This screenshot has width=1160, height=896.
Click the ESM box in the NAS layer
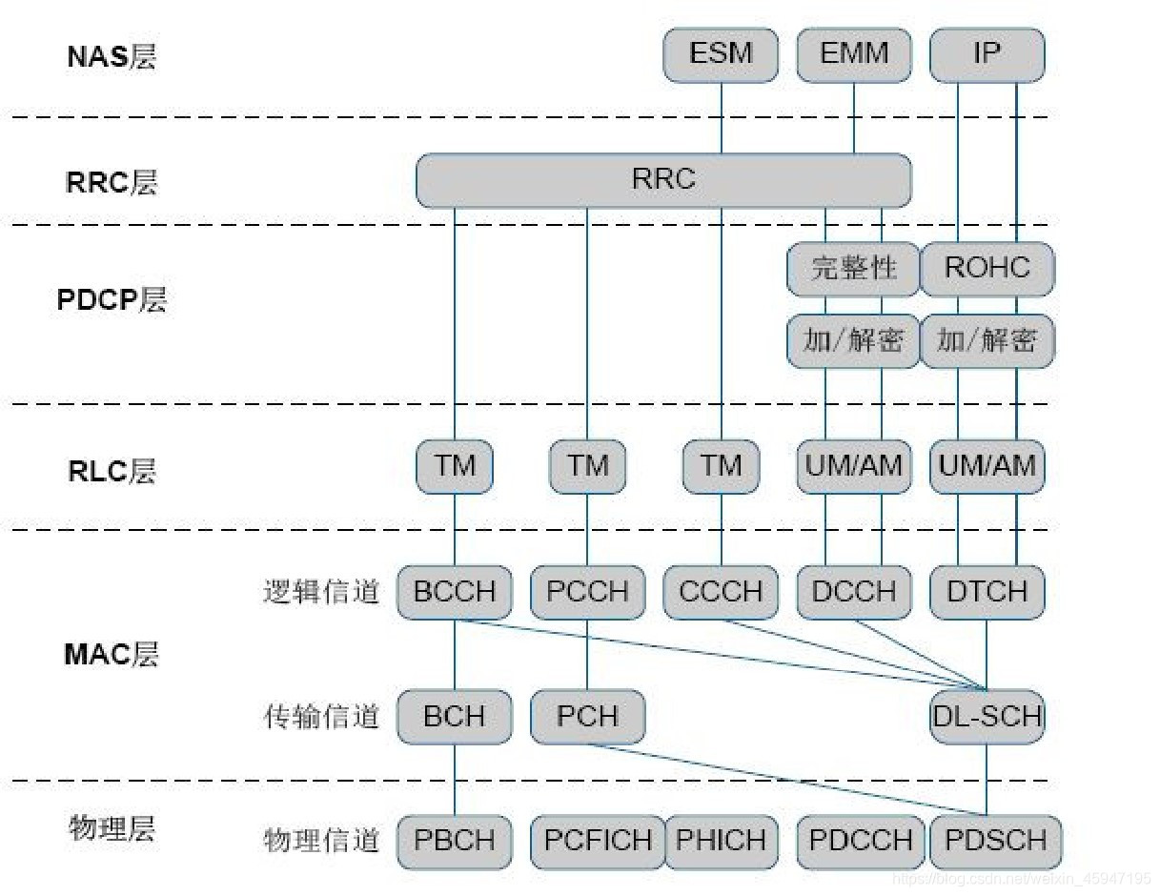pyautogui.click(x=721, y=54)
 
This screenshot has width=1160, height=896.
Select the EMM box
pyautogui.click(x=854, y=54)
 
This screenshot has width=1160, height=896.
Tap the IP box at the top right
pyautogui.click(x=987, y=54)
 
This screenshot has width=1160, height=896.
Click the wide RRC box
pyautogui.click(x=663, y=180)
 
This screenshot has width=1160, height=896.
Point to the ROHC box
pyautogui.click(x=987, y=269)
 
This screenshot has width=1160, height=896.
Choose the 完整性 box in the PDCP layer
pyautogui.click(x=854, y=269)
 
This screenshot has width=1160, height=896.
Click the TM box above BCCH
pyautogui.click(x=455, y=466)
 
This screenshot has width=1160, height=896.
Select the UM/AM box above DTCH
pyautogui.click(x=987, y=466)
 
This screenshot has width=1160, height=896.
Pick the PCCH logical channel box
pyautogui.click(x=587, y=592)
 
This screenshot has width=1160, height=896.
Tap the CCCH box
pyautogui.click(x=721, y=592)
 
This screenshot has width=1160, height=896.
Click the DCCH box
pyautogui.click(x=854, y=592)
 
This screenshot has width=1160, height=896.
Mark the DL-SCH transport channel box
pyautogui.click(x=987, y=716)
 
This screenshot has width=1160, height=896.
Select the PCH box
pyautogui.click(x=587, y=716)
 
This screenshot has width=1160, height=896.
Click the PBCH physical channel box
pyautogui.click(x=455, y=841)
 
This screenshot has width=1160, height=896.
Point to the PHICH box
pyautogui.click(x=721, y=841)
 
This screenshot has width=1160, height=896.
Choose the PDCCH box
pyautogui.click(x=861, y=841)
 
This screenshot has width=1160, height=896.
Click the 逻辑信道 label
pyautogui.click(x=321, y=592)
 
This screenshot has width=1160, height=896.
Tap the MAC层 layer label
pyautogui.click(x=112, y=655)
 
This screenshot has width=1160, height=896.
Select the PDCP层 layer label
pyautogui.click(x=112, y=300)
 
